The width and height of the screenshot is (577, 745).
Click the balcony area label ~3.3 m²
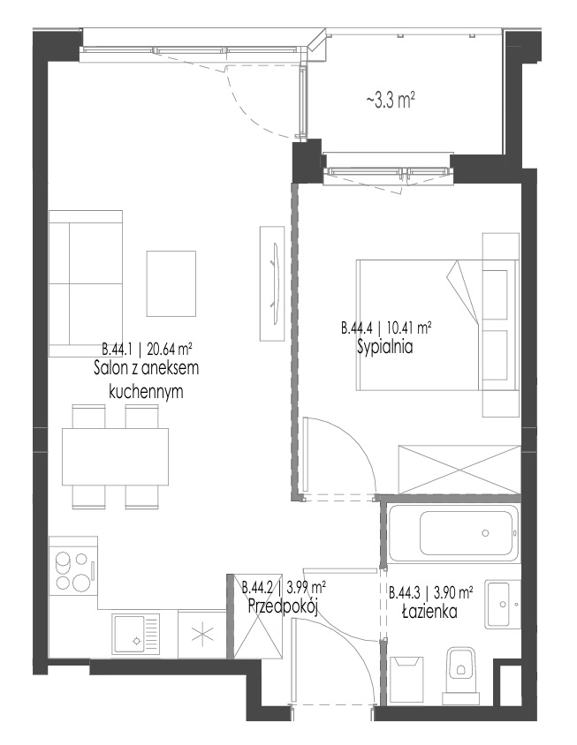[x=390, y=101]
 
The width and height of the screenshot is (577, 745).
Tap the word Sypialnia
[x=385, y=347]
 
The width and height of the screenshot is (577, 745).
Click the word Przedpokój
[x=283, y=606]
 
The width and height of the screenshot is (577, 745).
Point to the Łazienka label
[x=430, y=611]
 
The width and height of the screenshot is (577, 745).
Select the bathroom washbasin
[x=503, y=604]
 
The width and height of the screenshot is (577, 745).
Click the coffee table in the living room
[x=171, y=283]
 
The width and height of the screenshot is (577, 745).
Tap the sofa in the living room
[x=86, y=283]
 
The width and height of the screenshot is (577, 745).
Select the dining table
[x=115, y=456]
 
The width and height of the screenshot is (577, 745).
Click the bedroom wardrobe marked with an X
[x=459, y=470]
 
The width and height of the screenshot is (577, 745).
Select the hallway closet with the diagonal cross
[x=255, y=617]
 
